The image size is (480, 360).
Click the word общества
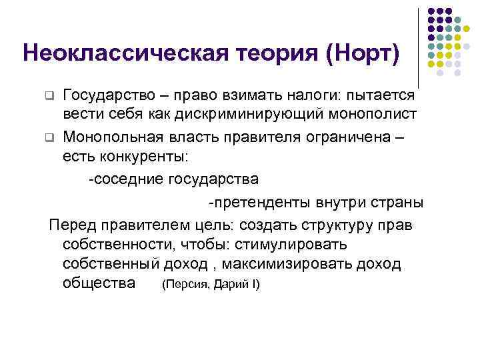tap(99, 283)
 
